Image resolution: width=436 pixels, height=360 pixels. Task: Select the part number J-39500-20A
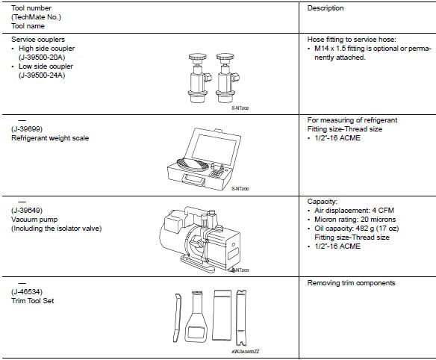point(46,57)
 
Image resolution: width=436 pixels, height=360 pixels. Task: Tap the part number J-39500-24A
point(46,75)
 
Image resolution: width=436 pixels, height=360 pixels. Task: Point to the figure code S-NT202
point(241,109)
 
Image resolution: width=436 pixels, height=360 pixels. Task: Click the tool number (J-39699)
point(27,128)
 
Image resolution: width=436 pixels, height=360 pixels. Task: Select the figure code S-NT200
point(240,188)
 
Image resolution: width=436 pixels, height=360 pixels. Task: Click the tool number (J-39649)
point(27,220)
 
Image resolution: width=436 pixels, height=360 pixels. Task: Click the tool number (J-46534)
point(27,291)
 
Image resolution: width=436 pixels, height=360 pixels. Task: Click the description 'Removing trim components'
point(351,283)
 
